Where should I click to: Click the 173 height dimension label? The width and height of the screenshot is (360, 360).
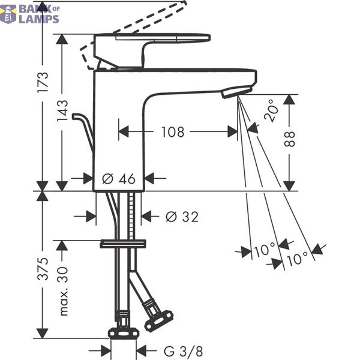43,82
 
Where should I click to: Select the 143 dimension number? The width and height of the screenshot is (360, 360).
62,110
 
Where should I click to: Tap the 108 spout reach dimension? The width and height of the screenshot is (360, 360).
173,132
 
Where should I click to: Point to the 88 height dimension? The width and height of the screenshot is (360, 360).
289,139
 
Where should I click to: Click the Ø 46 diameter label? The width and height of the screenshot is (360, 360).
118,179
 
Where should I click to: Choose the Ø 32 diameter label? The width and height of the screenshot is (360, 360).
182,217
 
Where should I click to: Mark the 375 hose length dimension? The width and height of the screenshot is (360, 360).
43,269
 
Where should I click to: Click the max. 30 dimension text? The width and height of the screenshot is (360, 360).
62,291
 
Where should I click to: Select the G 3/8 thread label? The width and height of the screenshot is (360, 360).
183,352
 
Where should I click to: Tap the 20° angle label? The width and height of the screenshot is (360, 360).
271,110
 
